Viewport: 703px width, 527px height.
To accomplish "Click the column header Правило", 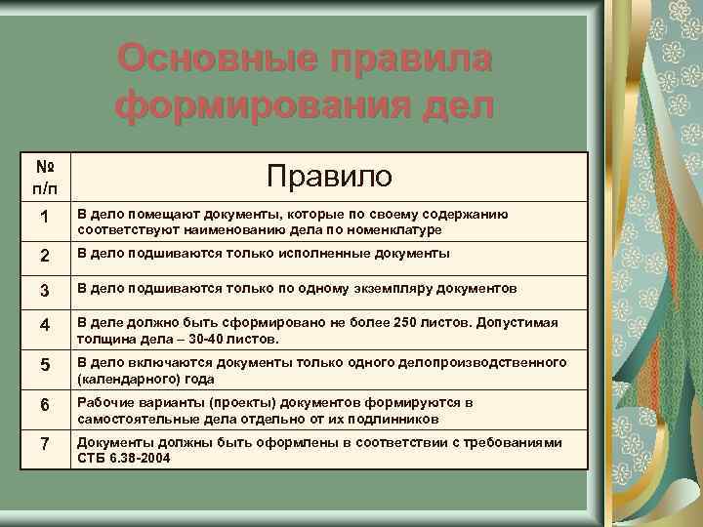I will click(x=329, y=176).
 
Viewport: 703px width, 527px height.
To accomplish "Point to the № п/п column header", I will click(x=43, y=177).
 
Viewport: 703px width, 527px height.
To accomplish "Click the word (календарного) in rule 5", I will click(x=125, y=379).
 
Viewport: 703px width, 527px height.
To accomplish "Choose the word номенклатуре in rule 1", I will click(x=393, y=230).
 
